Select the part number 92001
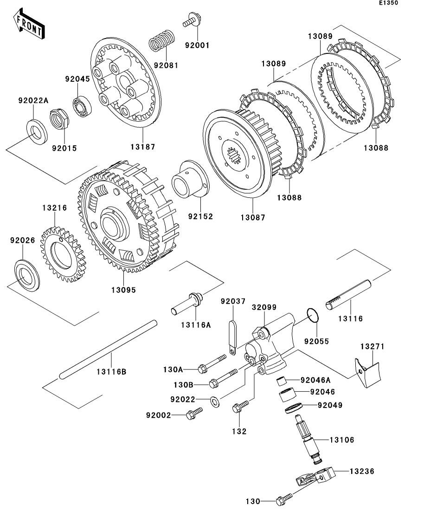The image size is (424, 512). tap(197, 45)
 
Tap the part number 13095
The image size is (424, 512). tap(123, 290)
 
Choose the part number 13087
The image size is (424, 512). tap(253, 217)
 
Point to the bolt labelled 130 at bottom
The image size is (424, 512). tap(283, 500)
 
